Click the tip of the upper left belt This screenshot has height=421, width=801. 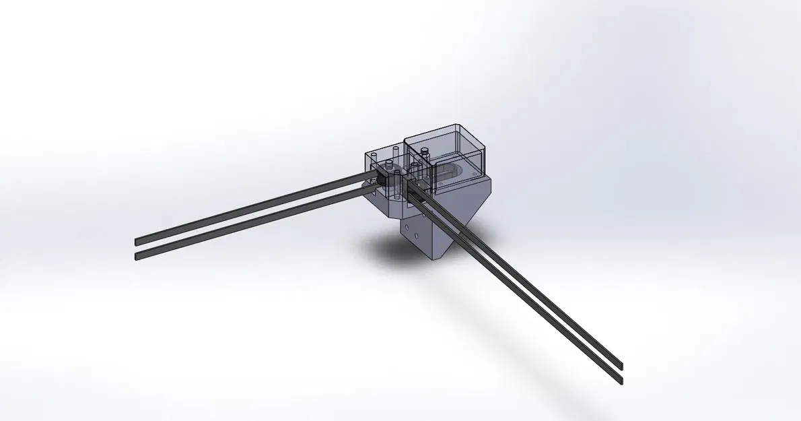point(137,241)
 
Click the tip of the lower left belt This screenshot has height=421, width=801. point(137,256)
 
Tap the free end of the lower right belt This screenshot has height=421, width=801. point(620,381)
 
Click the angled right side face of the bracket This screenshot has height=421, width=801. point(468,216)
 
